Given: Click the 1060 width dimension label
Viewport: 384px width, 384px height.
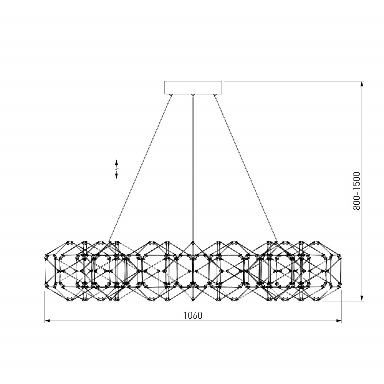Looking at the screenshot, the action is [193, 315].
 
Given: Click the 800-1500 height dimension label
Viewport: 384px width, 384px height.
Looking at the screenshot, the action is [357, 191].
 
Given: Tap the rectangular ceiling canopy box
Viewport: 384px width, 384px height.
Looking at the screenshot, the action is [193, 88].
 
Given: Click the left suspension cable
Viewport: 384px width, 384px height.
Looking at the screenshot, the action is [139, 169].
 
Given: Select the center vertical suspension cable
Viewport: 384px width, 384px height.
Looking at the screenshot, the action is [193, 169].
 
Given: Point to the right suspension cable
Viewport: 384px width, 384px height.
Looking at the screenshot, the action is [246, 169].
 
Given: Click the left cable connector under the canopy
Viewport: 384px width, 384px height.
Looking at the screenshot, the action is [171, 95].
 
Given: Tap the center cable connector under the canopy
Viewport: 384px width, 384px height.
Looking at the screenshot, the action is [193, 95].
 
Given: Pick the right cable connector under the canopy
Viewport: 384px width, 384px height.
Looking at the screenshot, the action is [215, 95].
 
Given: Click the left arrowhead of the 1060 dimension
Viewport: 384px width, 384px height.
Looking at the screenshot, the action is [47, 321].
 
